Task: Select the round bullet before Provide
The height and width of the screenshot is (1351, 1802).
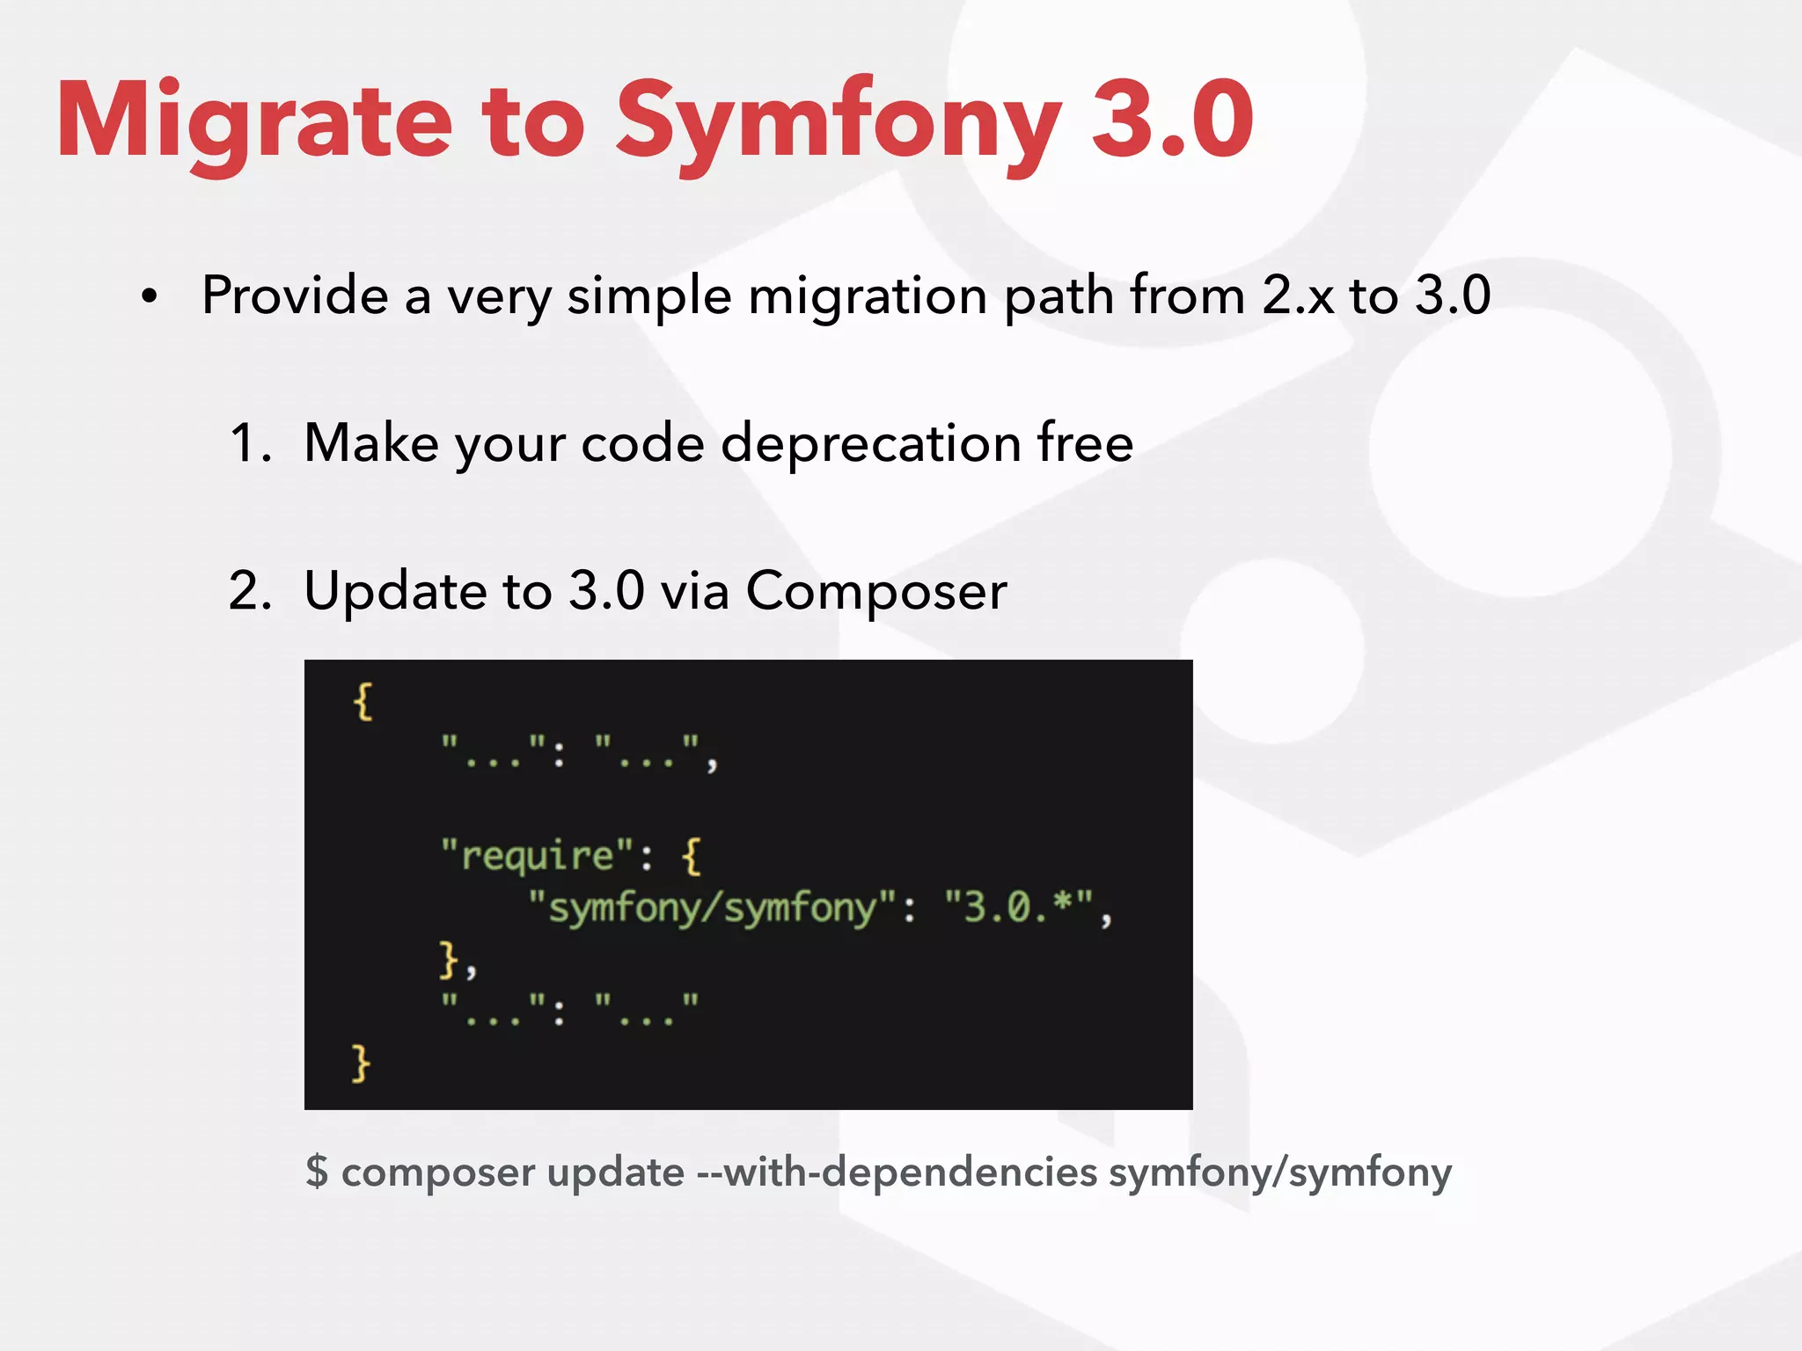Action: (150, 297)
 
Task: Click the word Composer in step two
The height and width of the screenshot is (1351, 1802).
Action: (875, 592)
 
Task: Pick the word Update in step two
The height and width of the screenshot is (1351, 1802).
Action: (396, 592)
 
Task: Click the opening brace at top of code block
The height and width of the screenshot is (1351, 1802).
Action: (363, 702)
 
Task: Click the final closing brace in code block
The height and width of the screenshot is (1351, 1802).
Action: (361, 1063)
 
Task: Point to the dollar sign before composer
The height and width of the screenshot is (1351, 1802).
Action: (317, 1172)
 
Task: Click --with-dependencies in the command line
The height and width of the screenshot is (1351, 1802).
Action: (897, 1172)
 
